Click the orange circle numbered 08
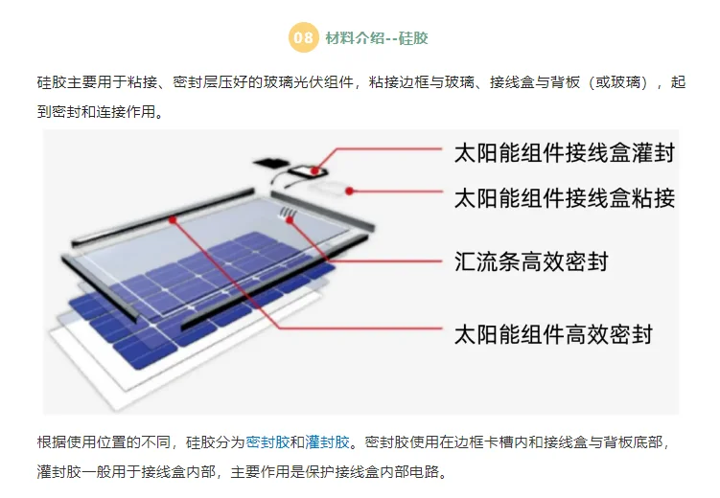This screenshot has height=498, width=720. point(303,38)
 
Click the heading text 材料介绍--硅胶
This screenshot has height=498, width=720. point(377,38)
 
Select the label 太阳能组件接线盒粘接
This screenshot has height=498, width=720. point(564,198)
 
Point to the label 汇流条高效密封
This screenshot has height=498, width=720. point(530,260)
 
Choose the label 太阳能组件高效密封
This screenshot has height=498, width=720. point(553,333)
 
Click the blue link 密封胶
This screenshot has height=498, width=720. point(267,441)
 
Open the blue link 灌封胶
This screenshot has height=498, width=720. point(327,441)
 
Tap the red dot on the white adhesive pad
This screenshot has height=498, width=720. point(351,191)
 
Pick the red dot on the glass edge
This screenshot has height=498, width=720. point(173,219)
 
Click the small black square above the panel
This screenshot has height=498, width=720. point(268,160)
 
